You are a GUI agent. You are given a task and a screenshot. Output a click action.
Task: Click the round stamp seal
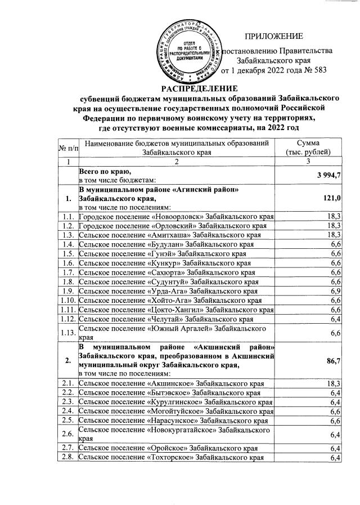coord(189,49)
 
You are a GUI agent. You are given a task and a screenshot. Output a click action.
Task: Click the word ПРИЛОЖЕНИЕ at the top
coord(276,36)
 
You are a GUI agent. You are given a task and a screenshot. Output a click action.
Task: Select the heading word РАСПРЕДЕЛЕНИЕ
coord(200,87)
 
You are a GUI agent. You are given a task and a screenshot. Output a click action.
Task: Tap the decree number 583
coord(319,71)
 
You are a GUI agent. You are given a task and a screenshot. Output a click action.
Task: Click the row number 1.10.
coord(67,300)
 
